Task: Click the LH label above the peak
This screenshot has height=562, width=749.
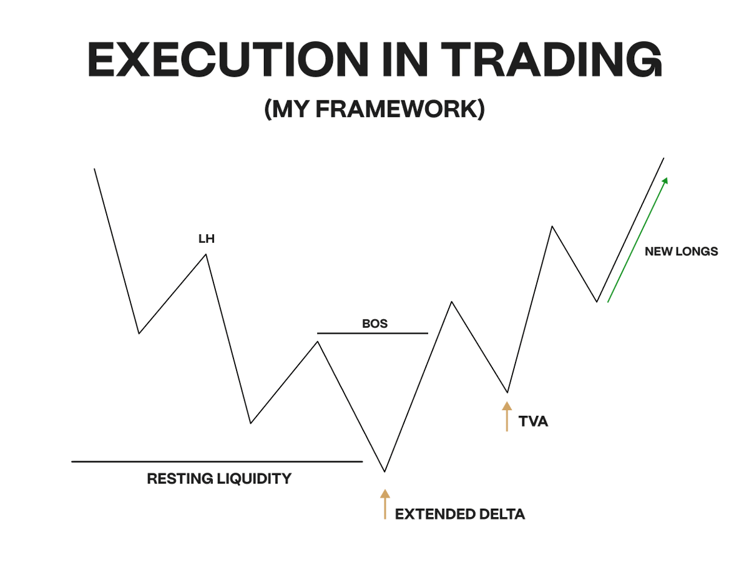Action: (206, 239)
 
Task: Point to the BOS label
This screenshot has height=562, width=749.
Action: (374, 323)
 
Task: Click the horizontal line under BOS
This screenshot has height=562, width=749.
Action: (373, 333)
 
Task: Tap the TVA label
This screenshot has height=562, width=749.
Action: (533, 421)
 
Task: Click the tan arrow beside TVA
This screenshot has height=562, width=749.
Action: (507, 417)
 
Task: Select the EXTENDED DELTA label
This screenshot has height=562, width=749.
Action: (460, 515)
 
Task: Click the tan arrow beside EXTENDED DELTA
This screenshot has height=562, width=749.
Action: (385, 504)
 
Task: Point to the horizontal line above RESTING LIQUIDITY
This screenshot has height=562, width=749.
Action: (217, 461)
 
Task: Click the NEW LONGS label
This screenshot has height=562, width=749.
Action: (682, 252)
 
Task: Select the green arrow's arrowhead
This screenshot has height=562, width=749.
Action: (665, 180)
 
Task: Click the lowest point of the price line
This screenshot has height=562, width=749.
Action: (385, 471)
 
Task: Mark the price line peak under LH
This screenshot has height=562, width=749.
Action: (206, 254)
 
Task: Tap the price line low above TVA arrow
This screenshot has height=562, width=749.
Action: (507, 392)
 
